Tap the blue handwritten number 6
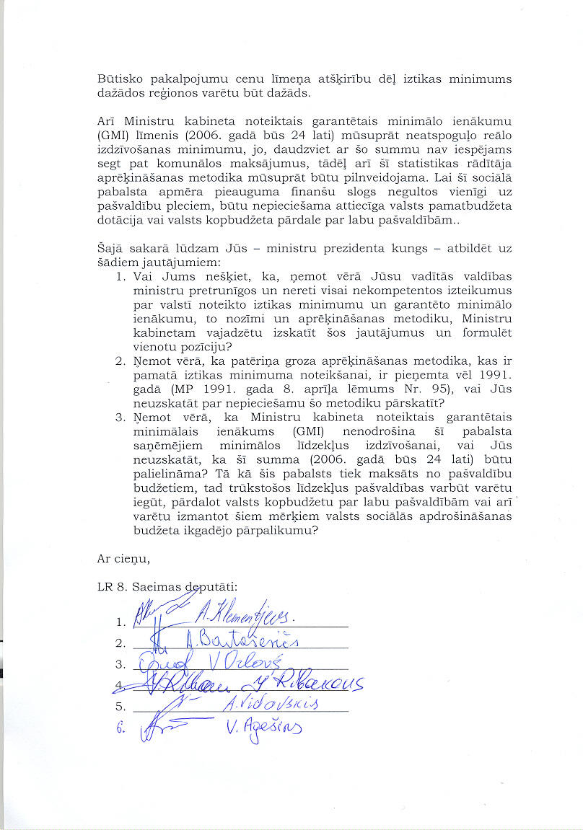click(120, 728)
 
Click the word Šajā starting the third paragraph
click(110, 248)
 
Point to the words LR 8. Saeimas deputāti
click(167, 586)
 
